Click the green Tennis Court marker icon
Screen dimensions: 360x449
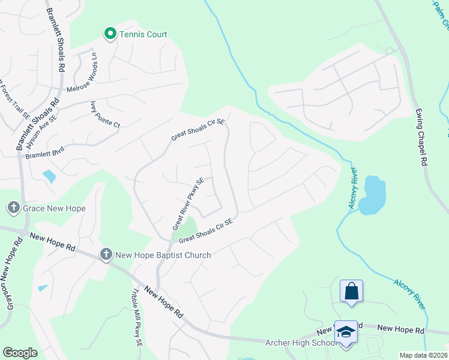tap(110, 34)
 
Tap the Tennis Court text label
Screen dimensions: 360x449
tap(143, 34)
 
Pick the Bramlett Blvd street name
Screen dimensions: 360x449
tap(44, 152)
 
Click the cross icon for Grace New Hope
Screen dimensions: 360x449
tap(13, 208)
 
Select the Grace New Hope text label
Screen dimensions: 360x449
tap(54, 209)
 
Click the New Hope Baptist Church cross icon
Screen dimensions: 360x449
tap(106, 255)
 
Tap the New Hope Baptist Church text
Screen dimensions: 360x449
tap(163, 255)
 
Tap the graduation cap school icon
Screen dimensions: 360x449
tap(346, 332)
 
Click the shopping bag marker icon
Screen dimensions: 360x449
tap(351, 292)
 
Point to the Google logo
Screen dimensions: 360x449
tap(20, 353)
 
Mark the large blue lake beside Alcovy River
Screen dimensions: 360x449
tap(372, 194)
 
